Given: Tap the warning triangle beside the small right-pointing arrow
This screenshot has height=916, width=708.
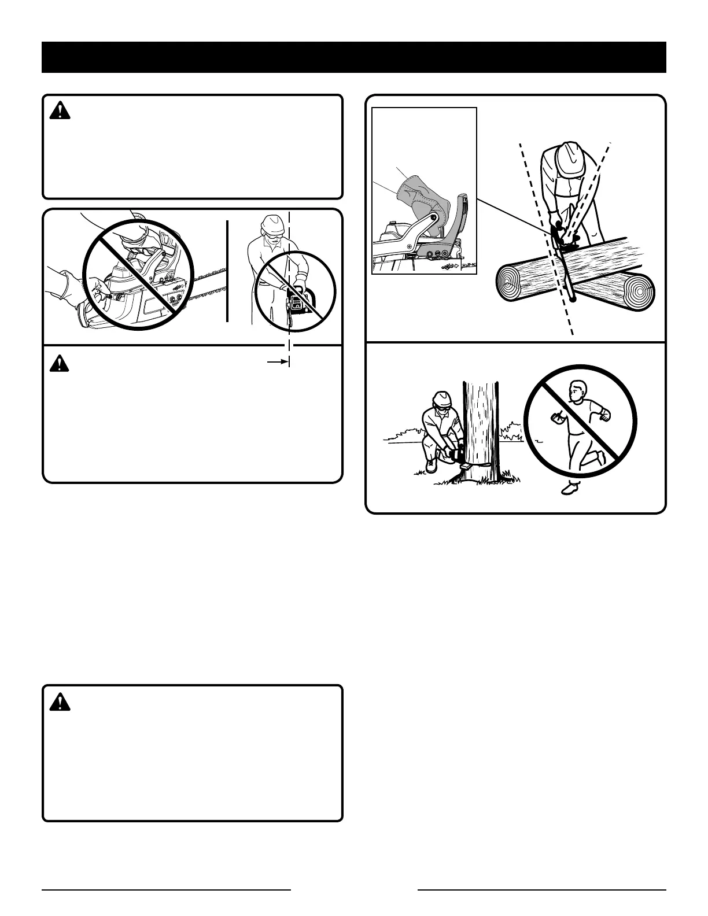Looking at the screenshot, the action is (60, 363).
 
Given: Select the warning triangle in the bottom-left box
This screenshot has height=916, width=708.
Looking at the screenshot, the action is (60, 701).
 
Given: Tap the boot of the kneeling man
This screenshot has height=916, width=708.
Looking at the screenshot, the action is (430, 466).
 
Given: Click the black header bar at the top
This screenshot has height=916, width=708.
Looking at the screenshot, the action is (354, 57).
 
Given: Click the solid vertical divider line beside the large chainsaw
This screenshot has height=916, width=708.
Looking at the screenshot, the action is (227, 270).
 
